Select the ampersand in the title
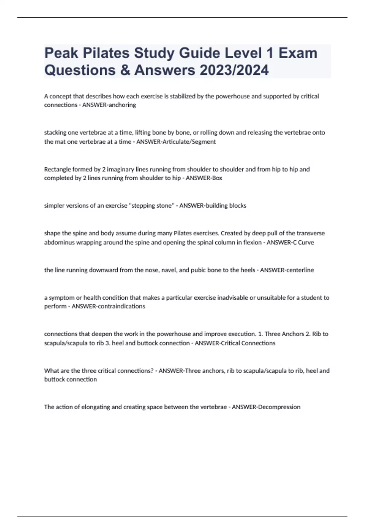click(124, 70)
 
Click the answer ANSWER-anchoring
click(109, 105)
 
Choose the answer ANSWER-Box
click(204, 178)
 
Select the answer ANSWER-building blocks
click(213, 206)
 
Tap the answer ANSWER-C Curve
click(290, 242)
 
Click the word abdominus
click(60, 242)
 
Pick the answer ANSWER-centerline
click(287, 270)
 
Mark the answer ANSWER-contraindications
click(108, 306)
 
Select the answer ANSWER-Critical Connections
click(235, 343)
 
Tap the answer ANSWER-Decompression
click(266, 407)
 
